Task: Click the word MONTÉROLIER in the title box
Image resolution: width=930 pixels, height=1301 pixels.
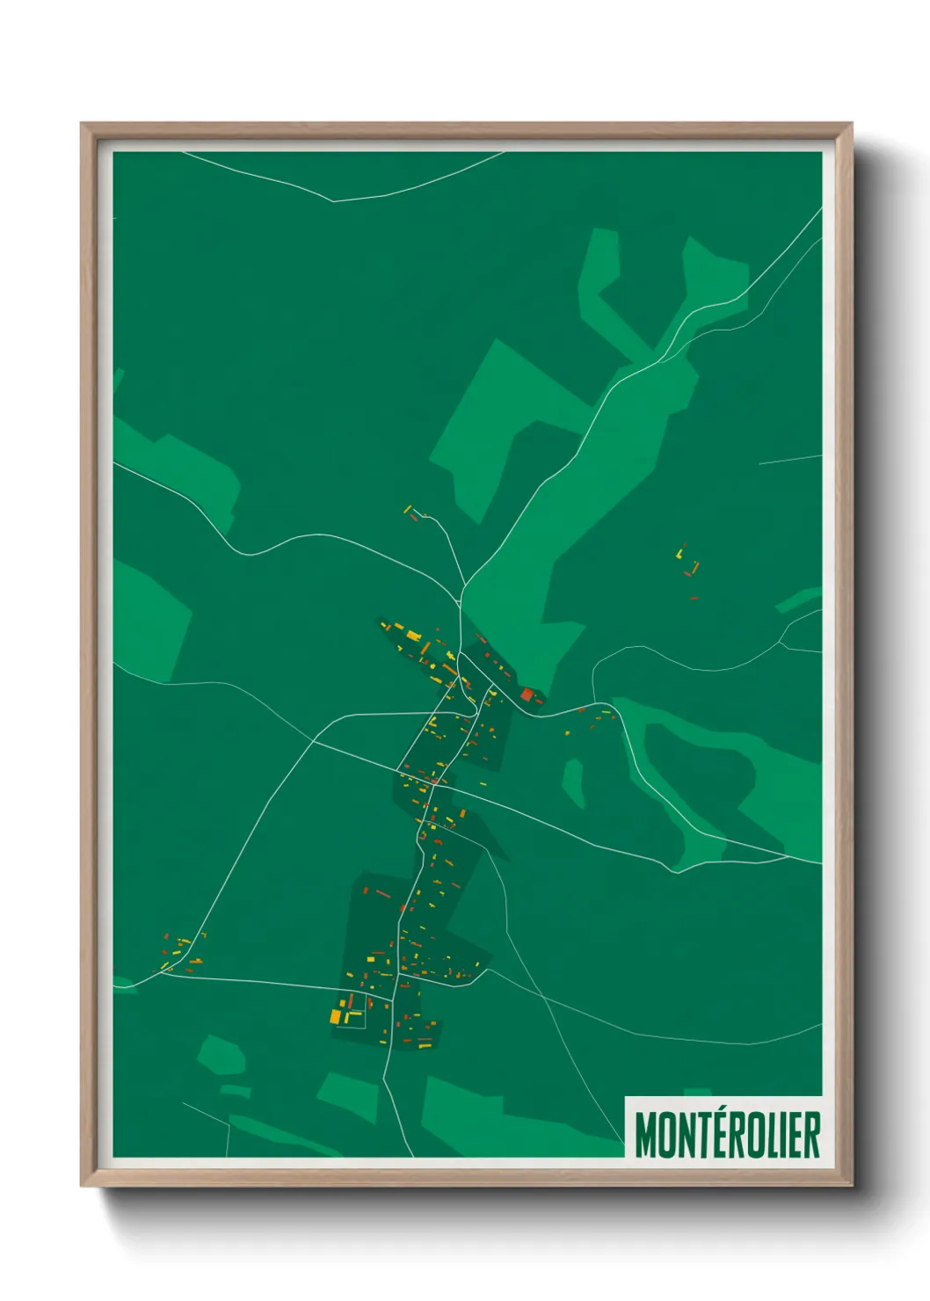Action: tap(727, 1135)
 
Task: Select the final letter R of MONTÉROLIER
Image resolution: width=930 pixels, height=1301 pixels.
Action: tap(811, 1135)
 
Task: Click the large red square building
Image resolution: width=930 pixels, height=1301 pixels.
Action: tap(527, 694)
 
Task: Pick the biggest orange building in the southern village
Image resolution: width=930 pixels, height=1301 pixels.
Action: tap(335, 1016)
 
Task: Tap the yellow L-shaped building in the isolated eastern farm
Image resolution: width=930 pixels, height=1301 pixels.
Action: tap(680, 554)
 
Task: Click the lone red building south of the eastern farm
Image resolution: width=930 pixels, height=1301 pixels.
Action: tap(694, 599)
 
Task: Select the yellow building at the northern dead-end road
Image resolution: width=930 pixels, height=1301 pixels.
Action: tap(407, 509)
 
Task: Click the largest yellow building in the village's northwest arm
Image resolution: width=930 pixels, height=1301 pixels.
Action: tap(411, 635)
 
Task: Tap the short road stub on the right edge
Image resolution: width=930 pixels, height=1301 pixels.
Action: tap(789, 460)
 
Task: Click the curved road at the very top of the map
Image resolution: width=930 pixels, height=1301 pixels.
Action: tap(334, 200)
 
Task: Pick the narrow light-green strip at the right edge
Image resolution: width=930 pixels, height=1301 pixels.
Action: tap(797, 601)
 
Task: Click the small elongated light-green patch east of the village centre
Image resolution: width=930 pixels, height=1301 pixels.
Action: tap(573, 781)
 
